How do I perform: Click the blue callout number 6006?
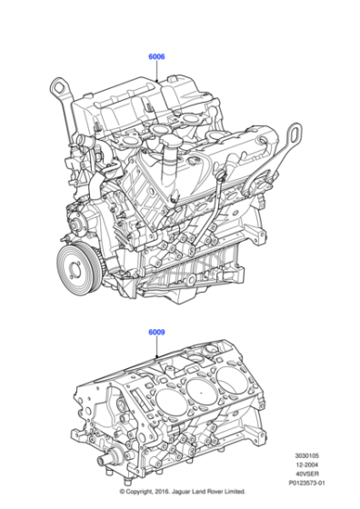tap(156, 57)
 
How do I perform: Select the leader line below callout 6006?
tap(157, 73)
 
